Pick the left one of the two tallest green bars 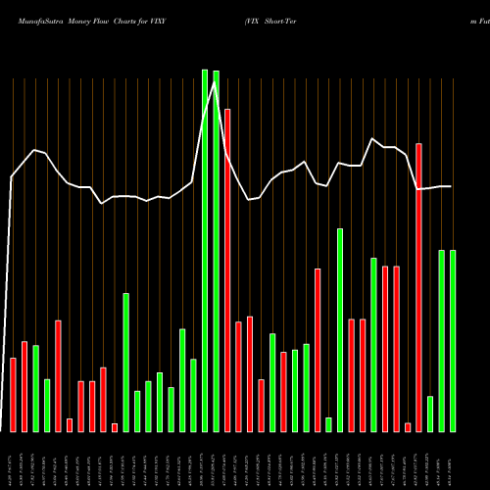205,250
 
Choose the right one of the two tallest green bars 216,251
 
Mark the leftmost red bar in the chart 13,395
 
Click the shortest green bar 328,424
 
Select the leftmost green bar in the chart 35,388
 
